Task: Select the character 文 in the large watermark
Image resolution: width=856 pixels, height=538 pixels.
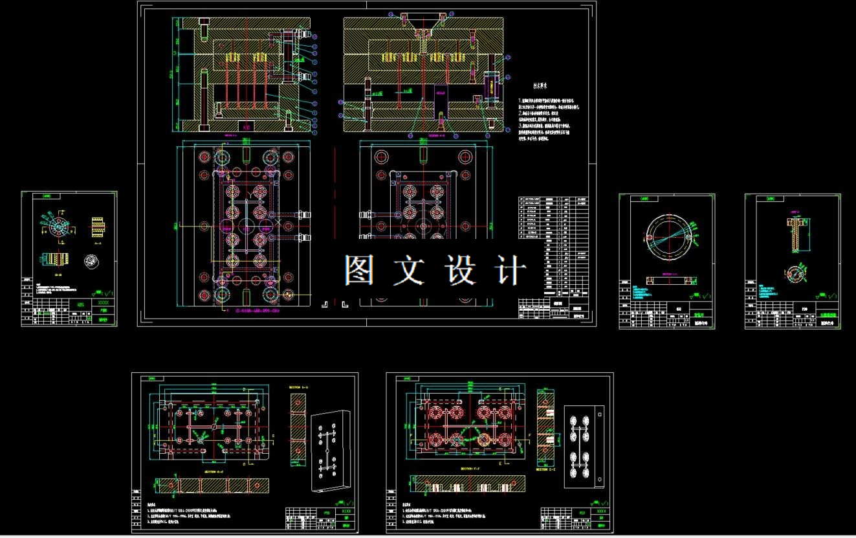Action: coord(409,271)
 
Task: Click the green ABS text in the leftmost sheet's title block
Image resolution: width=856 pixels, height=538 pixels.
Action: coord(80,303)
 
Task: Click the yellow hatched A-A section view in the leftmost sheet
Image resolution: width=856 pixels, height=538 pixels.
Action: coord(98,226)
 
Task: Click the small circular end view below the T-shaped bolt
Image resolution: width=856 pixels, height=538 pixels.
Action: coord(794,271)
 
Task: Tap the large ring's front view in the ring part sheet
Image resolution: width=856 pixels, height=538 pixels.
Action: coord(667,236)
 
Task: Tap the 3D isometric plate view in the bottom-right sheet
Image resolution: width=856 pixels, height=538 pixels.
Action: coord(584,447)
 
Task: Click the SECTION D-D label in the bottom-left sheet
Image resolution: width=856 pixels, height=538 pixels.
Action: coord(298,388)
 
